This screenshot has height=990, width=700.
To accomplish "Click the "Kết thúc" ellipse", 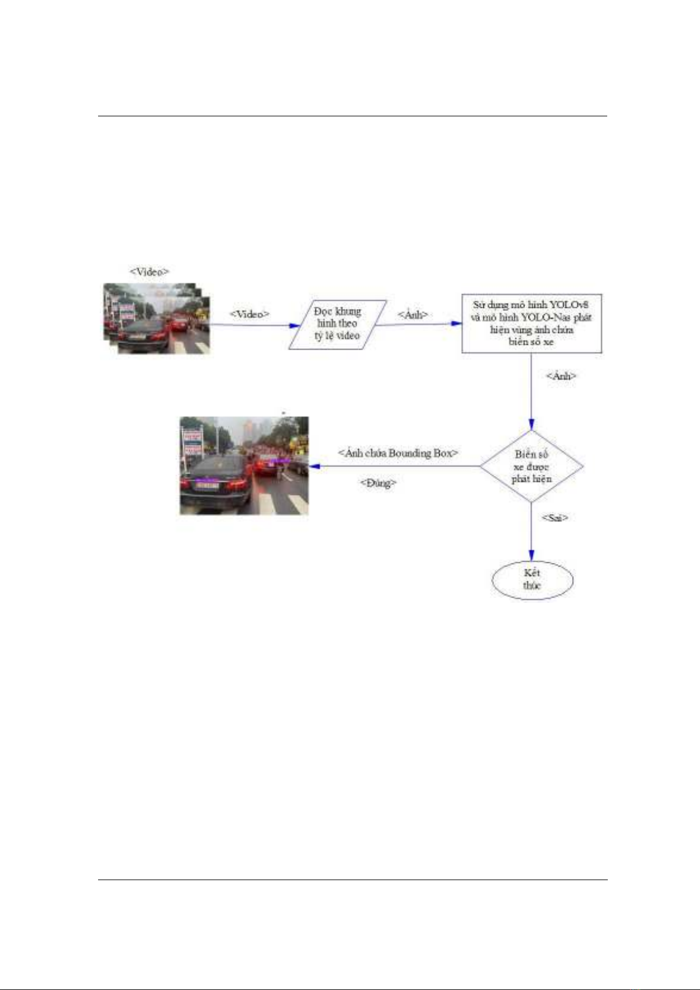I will [532, 579].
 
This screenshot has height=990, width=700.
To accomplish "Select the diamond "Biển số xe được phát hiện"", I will [531, 467].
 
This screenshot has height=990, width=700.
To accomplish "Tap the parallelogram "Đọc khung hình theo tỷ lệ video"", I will [337, 324].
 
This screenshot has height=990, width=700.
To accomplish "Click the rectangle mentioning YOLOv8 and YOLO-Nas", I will [531, 323].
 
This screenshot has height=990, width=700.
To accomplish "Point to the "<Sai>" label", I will [554, 518].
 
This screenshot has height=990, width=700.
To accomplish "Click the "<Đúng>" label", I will [378, 483].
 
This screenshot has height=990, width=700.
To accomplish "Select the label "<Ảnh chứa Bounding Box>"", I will [398, 453].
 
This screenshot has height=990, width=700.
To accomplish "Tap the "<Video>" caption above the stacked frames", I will [149, 271].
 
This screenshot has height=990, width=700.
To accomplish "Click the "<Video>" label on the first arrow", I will [249, 314].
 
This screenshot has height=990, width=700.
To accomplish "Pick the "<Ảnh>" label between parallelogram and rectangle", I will [412, 314].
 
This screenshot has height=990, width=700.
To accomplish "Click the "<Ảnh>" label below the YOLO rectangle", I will [561, 375].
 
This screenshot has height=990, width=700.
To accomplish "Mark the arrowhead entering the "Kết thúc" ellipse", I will [531, 556].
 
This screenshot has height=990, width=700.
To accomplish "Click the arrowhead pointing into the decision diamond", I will [531, 424].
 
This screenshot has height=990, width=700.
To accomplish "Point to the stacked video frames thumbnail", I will [157, 318].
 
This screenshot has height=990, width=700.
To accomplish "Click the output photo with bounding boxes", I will [244, 465].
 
